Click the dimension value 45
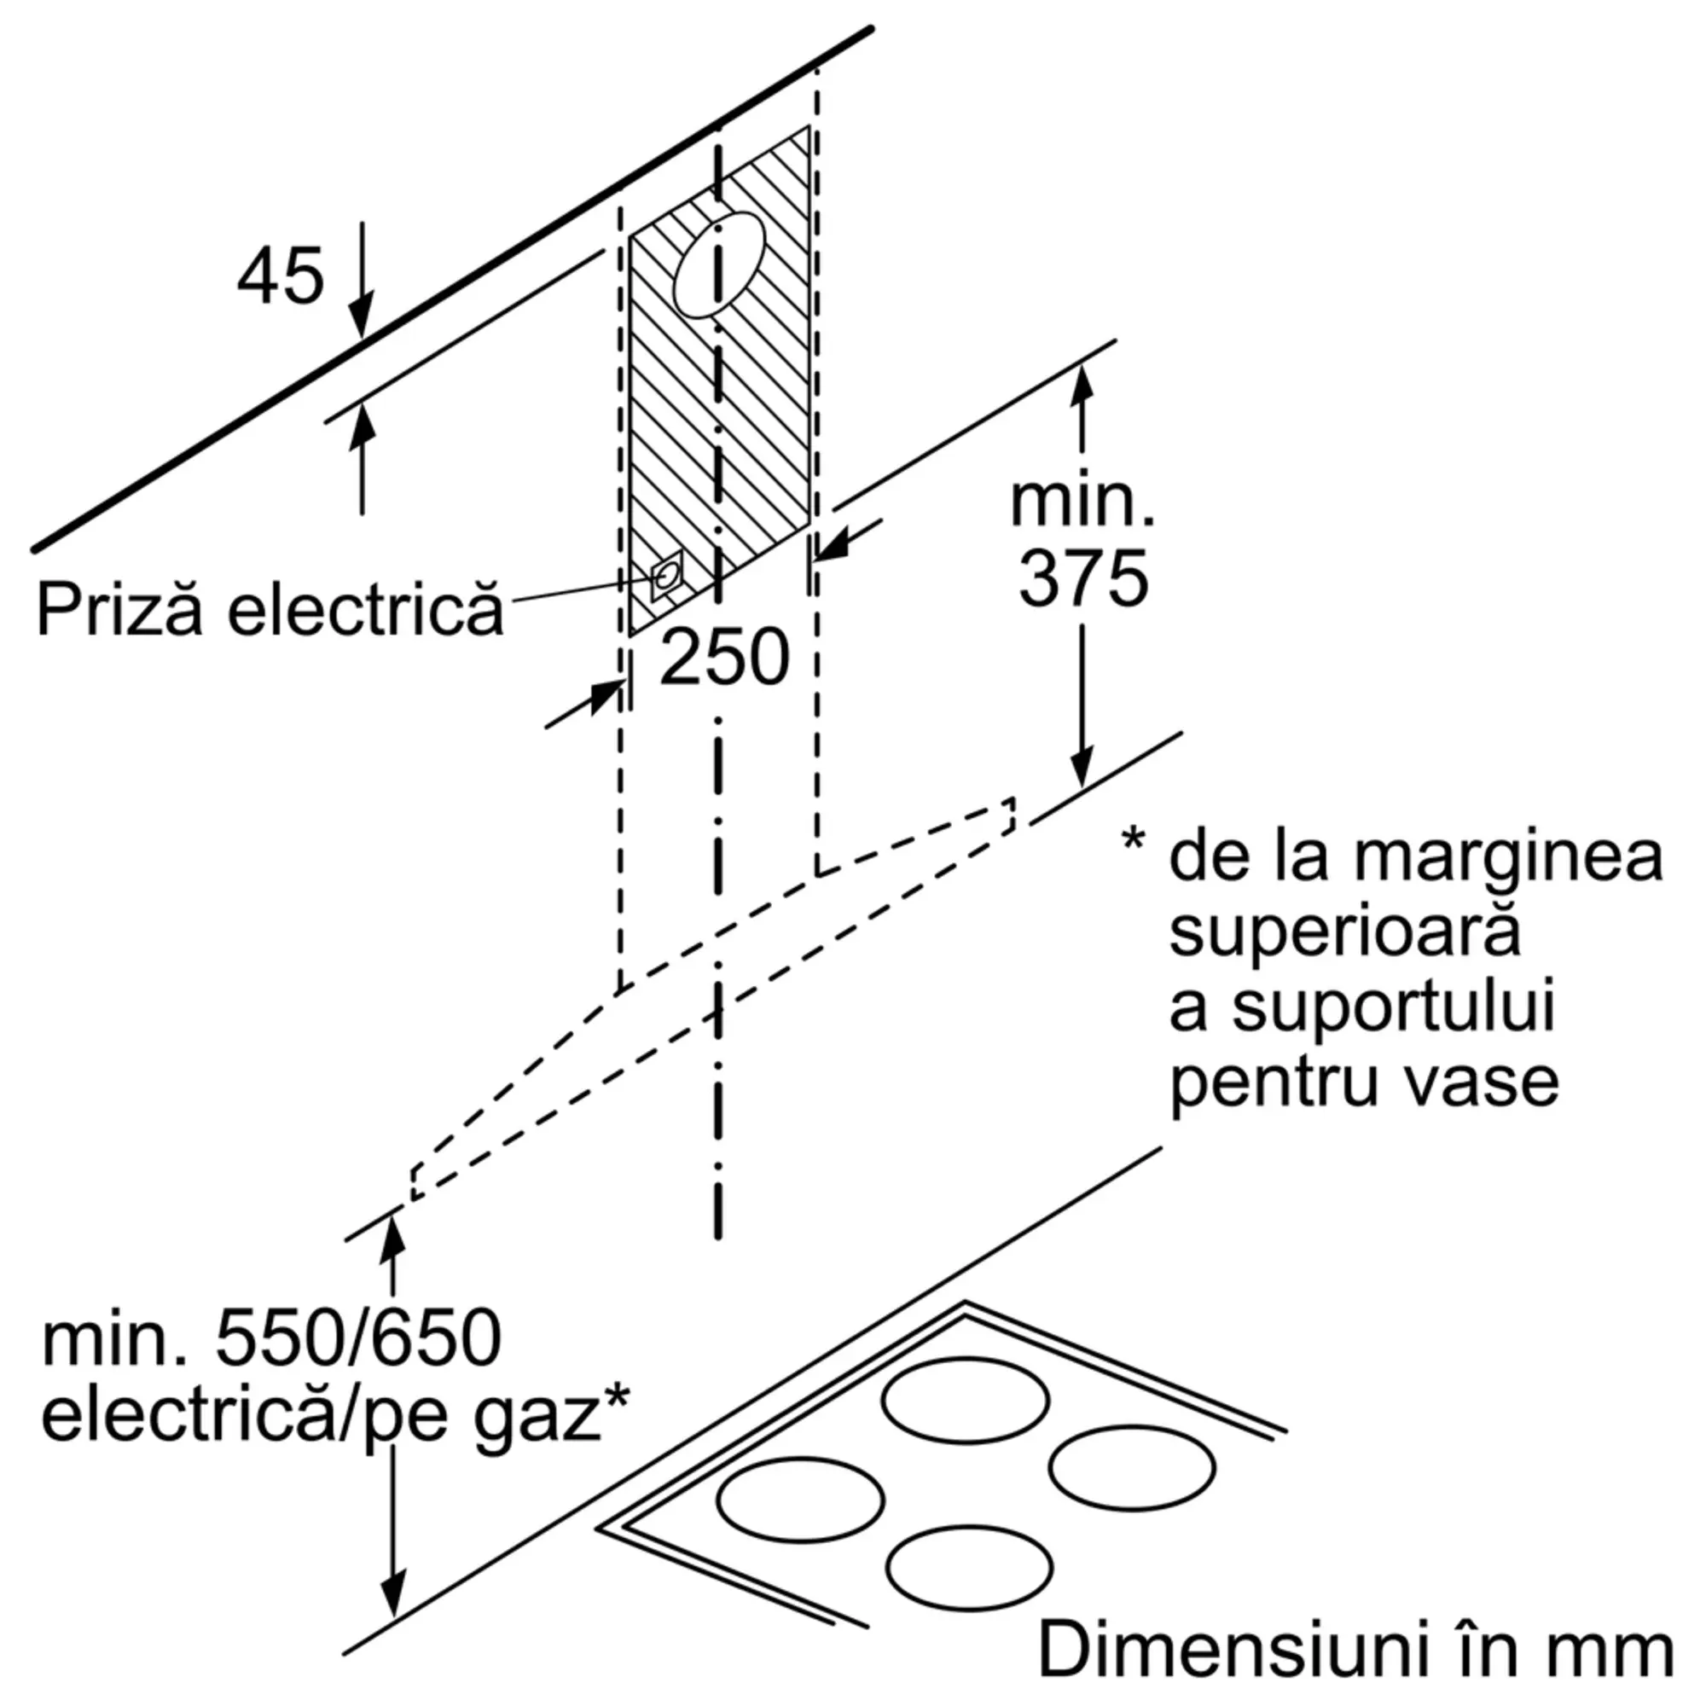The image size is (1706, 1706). pos(280,276)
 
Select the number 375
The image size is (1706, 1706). pos(1083,578)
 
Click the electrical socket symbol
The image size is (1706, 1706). pos(667,576)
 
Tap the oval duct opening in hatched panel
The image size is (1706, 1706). pos(719,265)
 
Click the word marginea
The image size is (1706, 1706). pos(1508,856)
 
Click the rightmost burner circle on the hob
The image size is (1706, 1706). pos(1131,1466)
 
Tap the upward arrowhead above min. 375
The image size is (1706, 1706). pos(1082,384)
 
